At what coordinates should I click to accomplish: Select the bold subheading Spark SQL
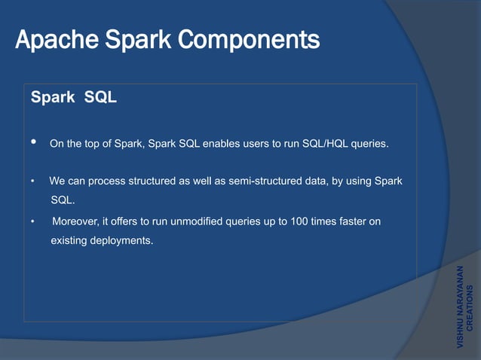(73, 97)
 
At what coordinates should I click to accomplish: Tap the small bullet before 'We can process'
(32, 182)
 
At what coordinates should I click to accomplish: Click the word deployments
(121, 241)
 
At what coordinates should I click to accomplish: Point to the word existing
(69, 241)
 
